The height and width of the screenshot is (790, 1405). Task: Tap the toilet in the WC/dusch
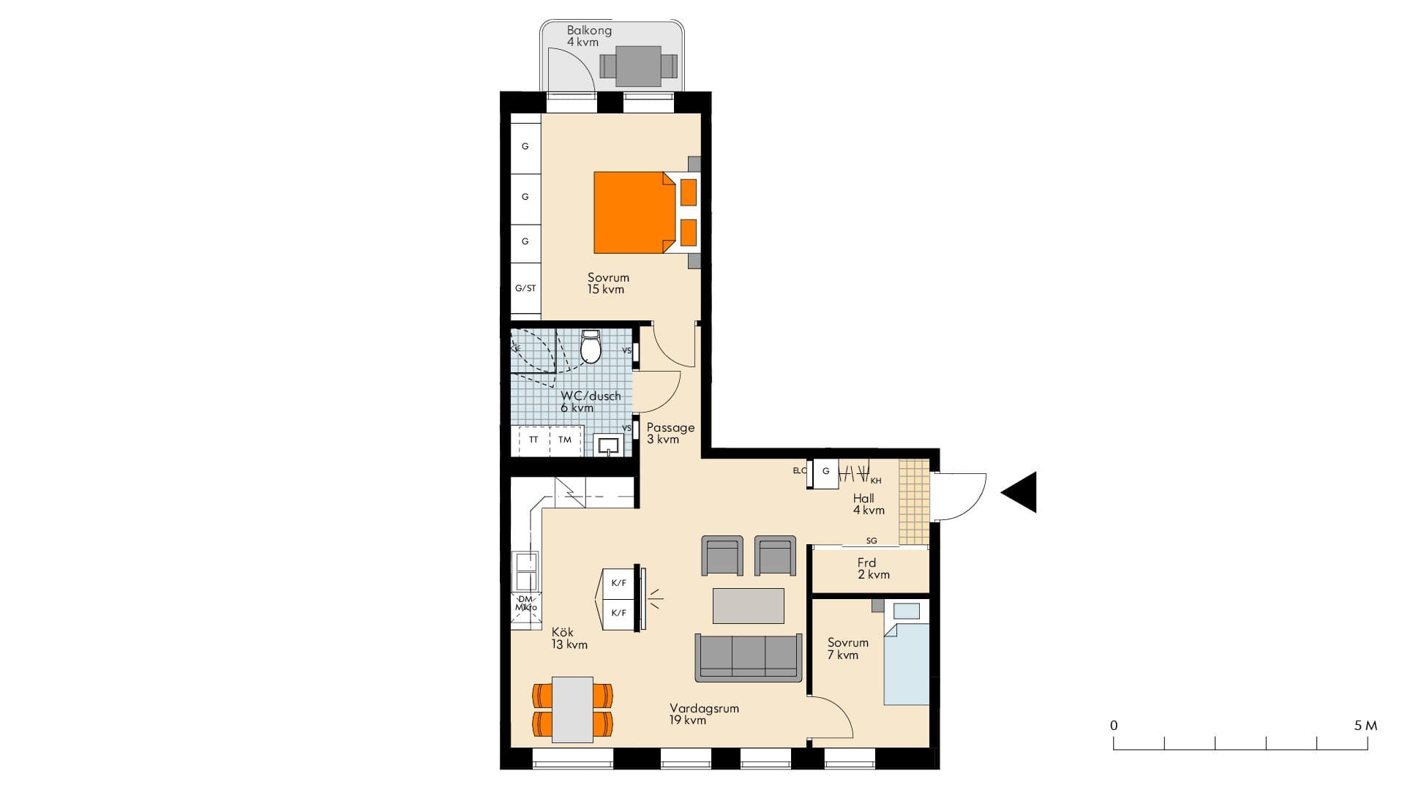coord(591,347)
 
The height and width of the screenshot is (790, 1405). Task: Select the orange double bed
coord(633,212)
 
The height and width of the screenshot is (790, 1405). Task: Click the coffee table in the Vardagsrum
coord(748,606)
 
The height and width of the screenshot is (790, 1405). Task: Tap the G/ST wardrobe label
coord(525,288)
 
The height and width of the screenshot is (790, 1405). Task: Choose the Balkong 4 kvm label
coord(588,36)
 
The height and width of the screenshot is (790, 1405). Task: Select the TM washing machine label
coord(565,440)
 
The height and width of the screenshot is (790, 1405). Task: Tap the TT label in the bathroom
coord(533,440)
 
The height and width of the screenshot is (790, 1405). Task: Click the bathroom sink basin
coord(608,445)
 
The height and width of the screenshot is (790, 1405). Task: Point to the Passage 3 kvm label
coord(670,433)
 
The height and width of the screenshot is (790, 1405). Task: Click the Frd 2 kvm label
coord(872,568)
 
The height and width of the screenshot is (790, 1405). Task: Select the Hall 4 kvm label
coord(868,504)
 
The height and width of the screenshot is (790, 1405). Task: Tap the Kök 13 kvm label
coord(569,638)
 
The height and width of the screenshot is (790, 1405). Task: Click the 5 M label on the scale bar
coord(1365,726)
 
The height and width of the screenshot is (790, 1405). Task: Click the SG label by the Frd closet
coord(871,541)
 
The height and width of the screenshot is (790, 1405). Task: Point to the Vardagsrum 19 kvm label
coord(703,714)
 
